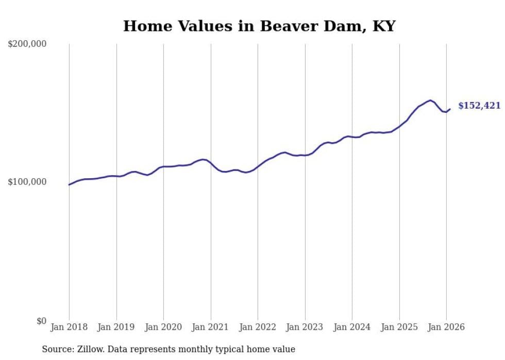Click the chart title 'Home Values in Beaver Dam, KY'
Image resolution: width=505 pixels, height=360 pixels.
tap(259, 26)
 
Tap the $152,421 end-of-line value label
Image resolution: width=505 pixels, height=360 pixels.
tap(479, 106)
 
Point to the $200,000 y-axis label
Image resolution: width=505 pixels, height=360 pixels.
tap(27, 44)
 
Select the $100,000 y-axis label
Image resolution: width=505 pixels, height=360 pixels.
tap(27, 182)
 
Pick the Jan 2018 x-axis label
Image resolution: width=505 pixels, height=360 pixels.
tap(69, 327)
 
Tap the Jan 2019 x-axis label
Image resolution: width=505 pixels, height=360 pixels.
tap(116, 327)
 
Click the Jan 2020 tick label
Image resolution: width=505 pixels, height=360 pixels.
tap(163, 327)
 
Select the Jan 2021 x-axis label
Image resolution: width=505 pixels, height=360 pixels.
tap(211, 327)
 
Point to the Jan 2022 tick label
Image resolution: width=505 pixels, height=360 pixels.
tap(258, 327)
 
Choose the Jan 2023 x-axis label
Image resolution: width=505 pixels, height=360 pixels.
tap(305, 327)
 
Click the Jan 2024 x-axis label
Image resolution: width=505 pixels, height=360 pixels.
tap(352, 327)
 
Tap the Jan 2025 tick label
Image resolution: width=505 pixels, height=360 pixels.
tap(399, 327)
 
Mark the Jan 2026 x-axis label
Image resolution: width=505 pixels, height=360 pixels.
tap(446, 327)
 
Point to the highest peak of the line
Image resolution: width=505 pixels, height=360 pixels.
tap(430, 100)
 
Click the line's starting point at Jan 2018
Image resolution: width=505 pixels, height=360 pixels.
tap(69, 184)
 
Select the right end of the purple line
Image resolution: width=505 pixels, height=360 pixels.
tap(450, 109)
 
